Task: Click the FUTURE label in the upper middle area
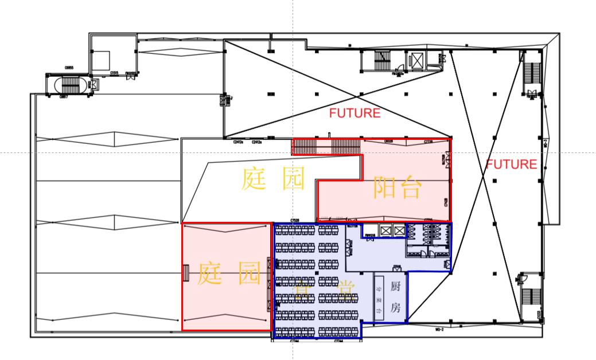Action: point(355,114)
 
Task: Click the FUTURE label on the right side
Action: point(512,165)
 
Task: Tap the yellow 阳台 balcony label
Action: point(397,187)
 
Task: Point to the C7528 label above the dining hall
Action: point(296,221)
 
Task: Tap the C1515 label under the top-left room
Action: point(114,73)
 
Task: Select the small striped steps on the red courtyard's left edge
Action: point(185,273)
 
